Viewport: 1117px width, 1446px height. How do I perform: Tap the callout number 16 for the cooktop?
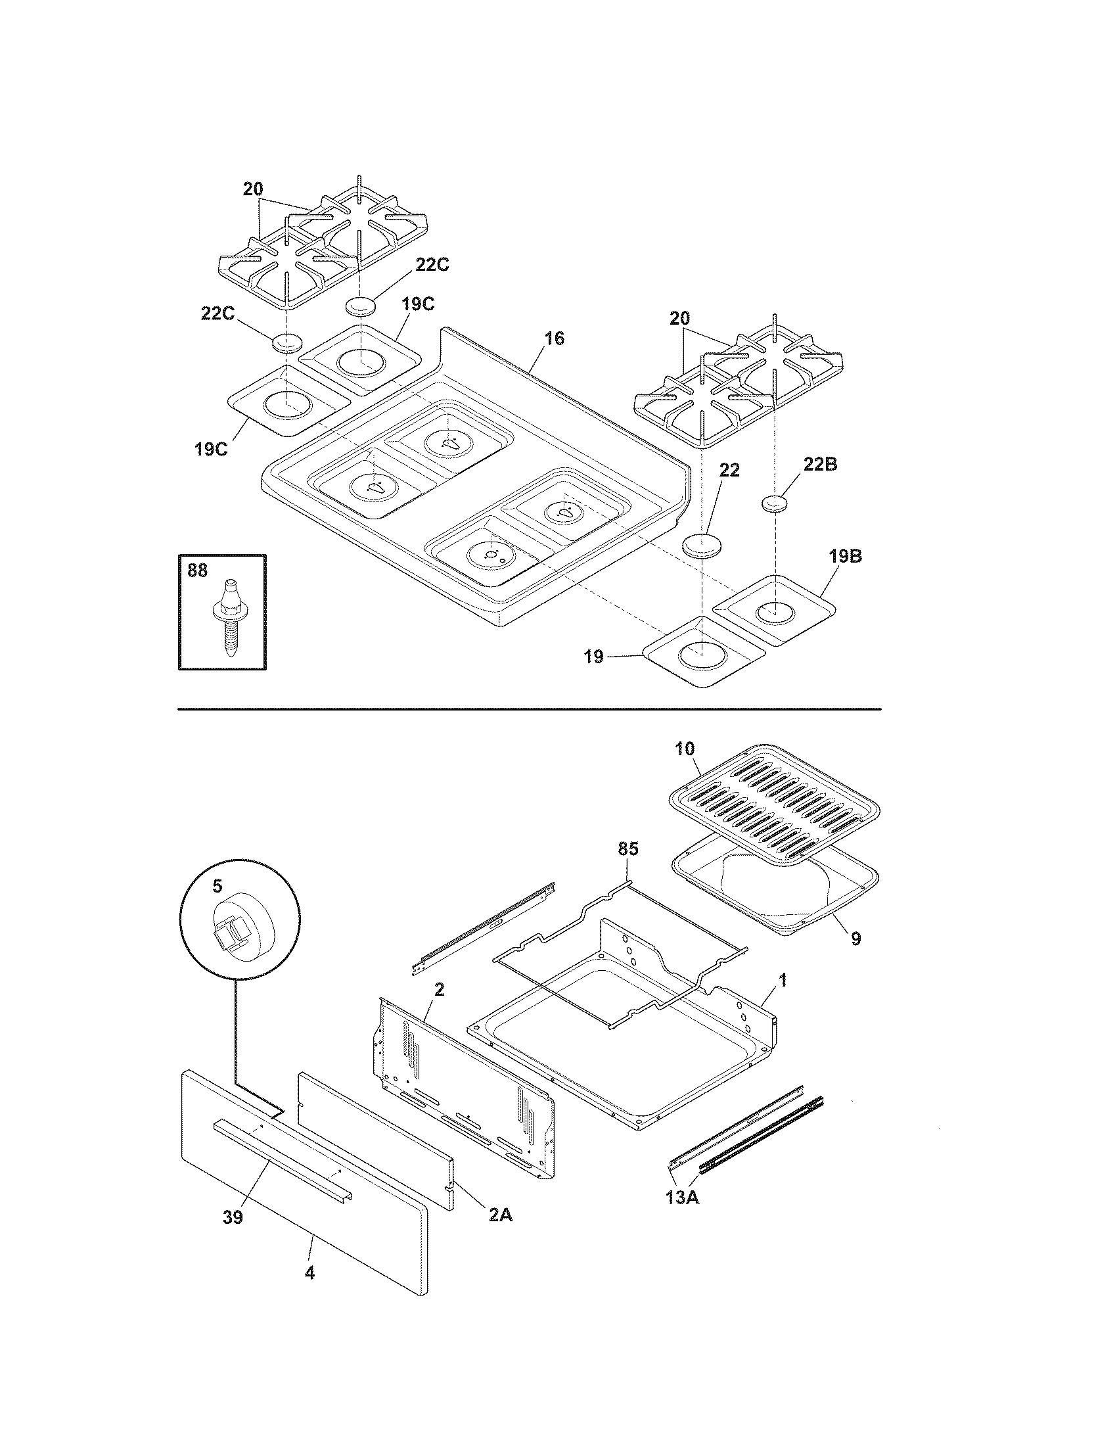(554, 338)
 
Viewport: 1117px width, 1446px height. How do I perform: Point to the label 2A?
(500, 1214)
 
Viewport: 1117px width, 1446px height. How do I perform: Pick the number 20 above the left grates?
(252, 189)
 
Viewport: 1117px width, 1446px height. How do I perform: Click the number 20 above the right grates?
(679, 318)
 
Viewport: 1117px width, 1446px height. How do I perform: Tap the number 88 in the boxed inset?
(197, 570)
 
